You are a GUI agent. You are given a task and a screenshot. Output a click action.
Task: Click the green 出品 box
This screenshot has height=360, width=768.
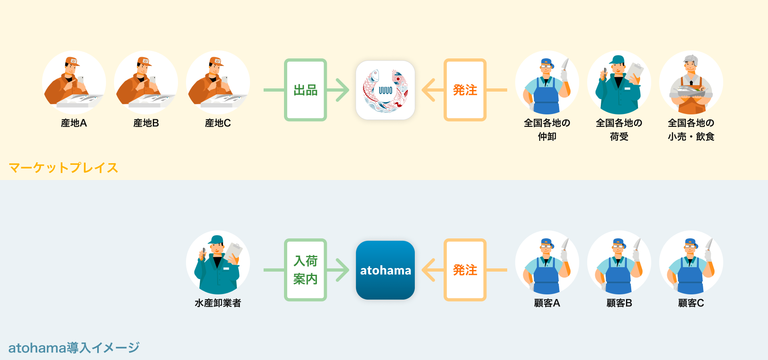pos(305,90)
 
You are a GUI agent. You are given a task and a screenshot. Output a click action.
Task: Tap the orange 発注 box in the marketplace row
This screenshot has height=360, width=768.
pos(465,90)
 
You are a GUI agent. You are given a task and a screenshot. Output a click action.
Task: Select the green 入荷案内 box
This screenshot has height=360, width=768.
pos(305,270)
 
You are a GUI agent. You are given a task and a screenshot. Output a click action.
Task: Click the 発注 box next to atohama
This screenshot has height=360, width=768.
pos(465,270)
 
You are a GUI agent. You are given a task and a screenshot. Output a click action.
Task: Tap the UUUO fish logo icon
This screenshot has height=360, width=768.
pos(385,90)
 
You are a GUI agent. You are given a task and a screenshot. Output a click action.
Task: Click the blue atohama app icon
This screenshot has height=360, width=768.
pos(385,270)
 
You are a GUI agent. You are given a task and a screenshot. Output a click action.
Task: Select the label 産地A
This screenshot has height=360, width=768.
pos(74,123)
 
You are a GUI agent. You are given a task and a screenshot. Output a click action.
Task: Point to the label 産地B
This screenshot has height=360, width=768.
pos(146,123)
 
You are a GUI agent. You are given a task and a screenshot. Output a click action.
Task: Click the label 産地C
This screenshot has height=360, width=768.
pos(218,123)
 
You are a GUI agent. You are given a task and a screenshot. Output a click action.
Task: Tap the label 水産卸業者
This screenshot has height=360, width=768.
pos(218,303)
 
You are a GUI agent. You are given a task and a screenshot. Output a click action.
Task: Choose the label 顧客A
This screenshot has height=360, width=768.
pos(547,303)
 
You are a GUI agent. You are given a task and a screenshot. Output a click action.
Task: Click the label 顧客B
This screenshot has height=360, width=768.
pos(619,303)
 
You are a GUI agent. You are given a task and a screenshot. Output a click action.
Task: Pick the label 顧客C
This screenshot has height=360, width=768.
pos(691,303)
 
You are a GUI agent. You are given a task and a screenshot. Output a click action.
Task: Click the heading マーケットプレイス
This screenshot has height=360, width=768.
pos(63,168)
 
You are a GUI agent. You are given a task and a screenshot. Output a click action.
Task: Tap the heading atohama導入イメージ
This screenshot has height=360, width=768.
pos(74,348)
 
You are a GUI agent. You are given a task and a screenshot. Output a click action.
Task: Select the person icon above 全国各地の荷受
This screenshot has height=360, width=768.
pos(619,82)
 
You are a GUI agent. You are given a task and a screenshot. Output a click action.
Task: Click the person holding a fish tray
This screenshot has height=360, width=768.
pos(691,82)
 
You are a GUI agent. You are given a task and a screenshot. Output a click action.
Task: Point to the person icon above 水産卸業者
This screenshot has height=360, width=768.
pos(218,262)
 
